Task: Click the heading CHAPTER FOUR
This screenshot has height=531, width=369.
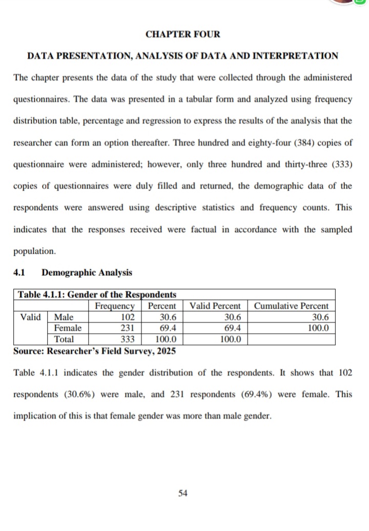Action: click(183, 34)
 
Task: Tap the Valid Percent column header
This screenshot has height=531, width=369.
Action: click(215, 306)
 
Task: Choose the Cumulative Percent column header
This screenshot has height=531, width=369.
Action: click(291, 306)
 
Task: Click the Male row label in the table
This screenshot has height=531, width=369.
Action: click(64, 317)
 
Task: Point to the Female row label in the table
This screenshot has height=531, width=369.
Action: click(68, 328)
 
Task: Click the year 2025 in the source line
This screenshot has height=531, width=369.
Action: click(165, 351)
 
